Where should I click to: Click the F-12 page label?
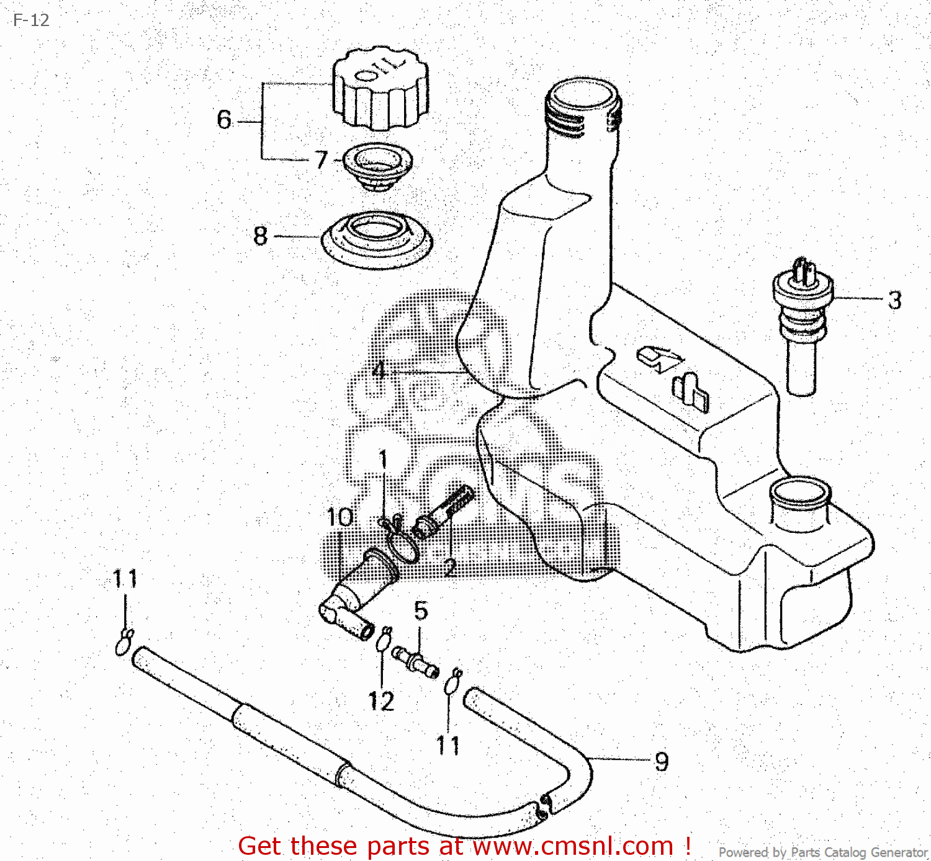point(31,20)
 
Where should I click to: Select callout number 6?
point(224,120)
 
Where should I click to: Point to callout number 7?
point(320,160)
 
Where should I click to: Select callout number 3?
point(894,301)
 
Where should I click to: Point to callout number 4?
point(379,371)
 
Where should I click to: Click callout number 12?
point(381,702)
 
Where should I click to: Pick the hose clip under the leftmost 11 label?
point(124,641)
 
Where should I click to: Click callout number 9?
point(662,762)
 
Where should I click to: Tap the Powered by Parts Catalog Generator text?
point(822,852)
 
